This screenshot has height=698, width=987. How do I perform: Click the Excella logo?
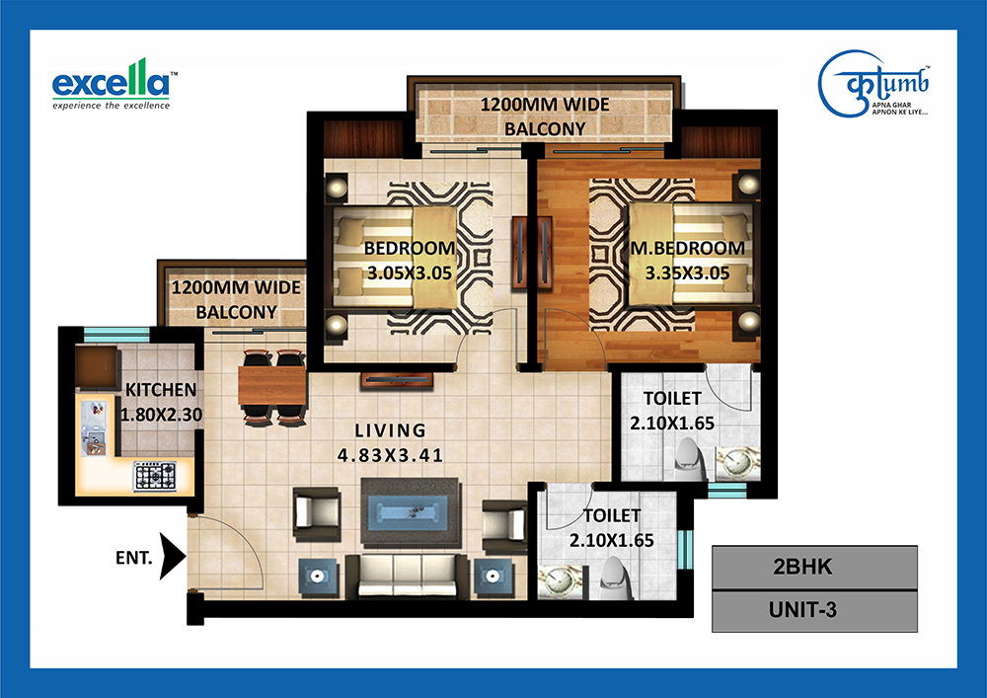(112, 84)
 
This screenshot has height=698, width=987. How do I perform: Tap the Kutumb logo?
(873, 84)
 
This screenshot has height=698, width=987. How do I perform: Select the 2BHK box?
(814, 567)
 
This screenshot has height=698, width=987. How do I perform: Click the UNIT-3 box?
(814, 610)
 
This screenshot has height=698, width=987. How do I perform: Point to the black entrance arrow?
(172, 557)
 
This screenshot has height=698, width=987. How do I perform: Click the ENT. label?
(134, 558)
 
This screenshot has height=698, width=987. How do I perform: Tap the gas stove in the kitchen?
(155, 476)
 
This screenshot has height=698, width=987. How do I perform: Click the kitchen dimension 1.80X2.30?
(161, 415)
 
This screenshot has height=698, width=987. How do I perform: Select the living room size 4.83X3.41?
(390, 455)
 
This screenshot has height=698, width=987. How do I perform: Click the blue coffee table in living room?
(410, 511)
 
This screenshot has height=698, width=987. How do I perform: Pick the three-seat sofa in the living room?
(408, 576)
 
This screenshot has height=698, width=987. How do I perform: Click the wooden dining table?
(272, 385)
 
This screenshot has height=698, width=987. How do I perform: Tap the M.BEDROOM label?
(687, 249)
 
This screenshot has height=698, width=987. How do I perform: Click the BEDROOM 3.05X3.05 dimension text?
(410, 273)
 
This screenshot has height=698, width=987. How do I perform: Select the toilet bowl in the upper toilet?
(689, 461)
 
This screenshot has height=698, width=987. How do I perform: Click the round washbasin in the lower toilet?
(558, 582)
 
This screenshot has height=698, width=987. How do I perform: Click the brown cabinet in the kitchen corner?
(98, 367)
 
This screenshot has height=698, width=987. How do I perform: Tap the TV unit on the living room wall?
(397, 380)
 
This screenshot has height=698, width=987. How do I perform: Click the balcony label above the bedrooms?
(545, 116)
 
